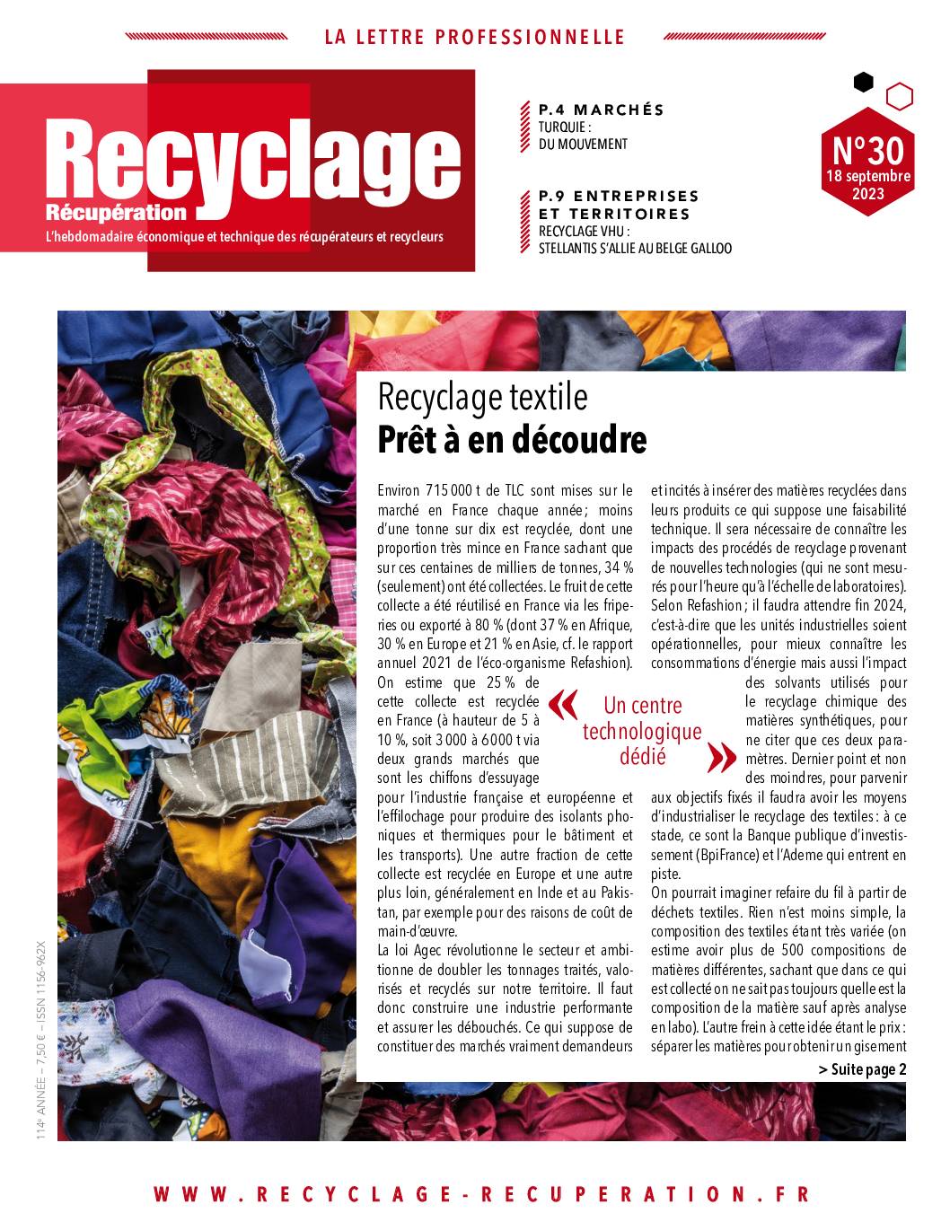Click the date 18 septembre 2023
pos(867,184)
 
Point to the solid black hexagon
pos(863,83)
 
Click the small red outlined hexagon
pos(899,95)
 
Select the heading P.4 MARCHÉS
pos(601,110)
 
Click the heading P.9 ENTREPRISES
pos(618,195)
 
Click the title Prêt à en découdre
pos(512,440)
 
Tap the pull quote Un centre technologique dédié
pos(642,730)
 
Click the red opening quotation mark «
pos(563,705)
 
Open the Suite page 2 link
pos(862,1068)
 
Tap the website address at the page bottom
pos(481,1194)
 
